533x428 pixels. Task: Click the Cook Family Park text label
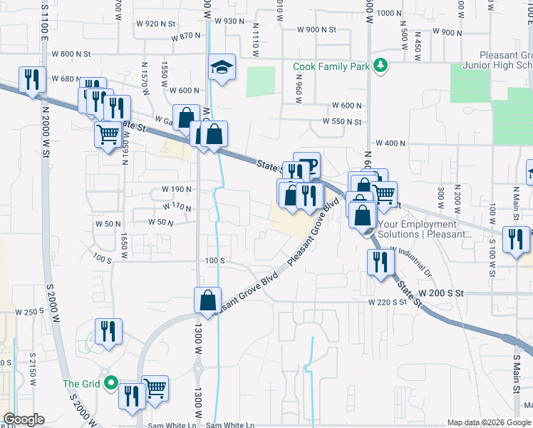click(331, 66)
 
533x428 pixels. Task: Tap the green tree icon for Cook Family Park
click(381, 66)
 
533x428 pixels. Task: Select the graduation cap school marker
click(222, 68)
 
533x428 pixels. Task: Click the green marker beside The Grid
click(110, 383)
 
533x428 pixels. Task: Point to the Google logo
click(24, 419)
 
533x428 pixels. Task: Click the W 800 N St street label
click(68, 53)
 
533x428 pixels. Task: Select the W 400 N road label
click(388, 143)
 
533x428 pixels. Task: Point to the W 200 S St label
click(440, 293)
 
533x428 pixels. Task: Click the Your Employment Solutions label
click(425, 229)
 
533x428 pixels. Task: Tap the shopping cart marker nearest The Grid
click(155, 388)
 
